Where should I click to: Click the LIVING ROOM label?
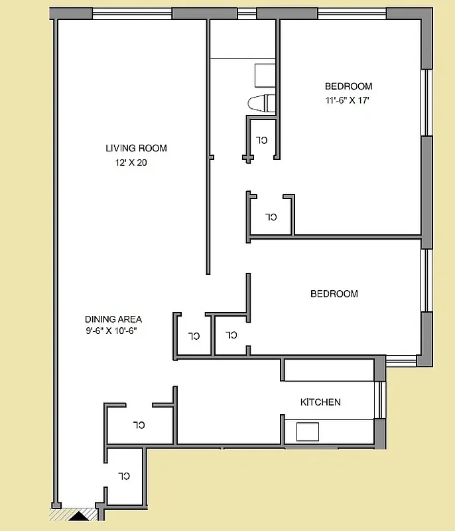[x=136, y=148]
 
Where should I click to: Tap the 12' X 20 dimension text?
[x=131, y=163]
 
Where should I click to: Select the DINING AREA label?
[x=113, y=319]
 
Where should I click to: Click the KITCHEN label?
[x=320, y=402]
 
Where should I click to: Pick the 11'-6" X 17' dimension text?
[x=347, y=100]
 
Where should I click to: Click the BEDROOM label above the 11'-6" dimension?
[x=348, y=86]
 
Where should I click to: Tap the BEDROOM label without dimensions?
[x=334, y=294]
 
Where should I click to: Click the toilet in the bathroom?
[x=261, y=103]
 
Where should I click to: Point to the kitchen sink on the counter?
[x=308, y=432]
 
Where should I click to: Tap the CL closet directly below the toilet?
[x=262, y=139]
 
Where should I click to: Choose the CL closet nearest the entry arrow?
[x=124, y=476]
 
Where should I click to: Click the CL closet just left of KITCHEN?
[x=139, y=424]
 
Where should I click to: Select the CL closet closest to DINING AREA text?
[x=193, y=336]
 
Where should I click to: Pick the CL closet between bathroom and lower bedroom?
[x=271, y=216]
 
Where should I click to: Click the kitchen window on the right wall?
[x=380, y=400]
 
